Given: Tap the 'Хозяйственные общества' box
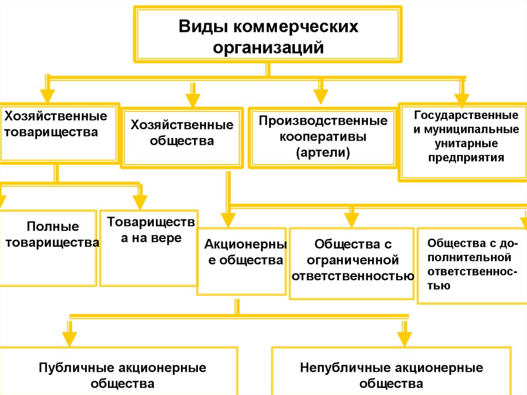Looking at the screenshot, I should click(x=182, y=137).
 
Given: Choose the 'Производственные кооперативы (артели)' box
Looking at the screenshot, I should click(x=323, y=137).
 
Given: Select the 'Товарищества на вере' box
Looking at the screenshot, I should click(x=149, y=248).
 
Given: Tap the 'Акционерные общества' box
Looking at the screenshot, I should click(x=241, y=261).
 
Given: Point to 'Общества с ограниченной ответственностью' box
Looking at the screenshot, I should click(x=352, y=263).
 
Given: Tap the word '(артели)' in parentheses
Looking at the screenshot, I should click(x=322, y=152).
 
